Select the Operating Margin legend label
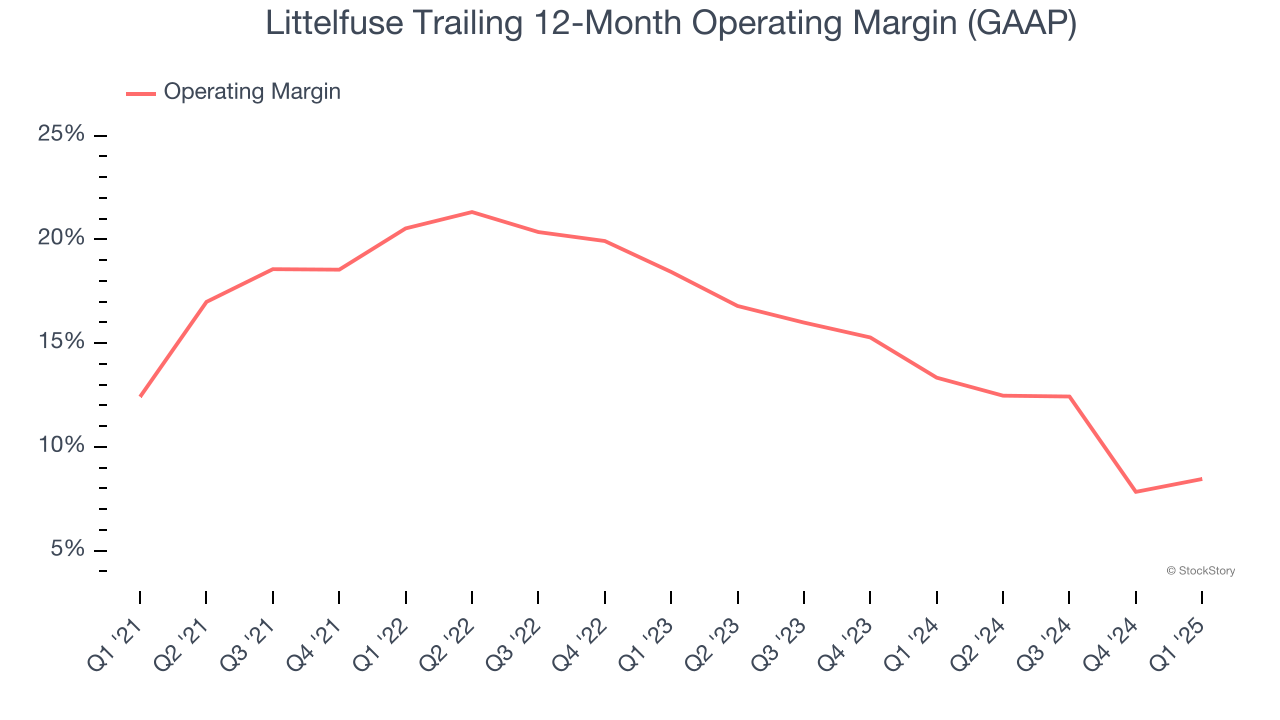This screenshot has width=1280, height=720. pyautogui.click(x=252, y=92)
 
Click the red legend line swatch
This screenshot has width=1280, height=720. pyautogui.click(x=140, y=93)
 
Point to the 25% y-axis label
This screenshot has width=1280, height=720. pyautogui.click(x=61, y=135)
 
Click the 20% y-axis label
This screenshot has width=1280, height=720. pyautogui.click(x=61, y=239)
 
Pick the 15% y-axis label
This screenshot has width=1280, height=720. pyautogui.click(x=61, y=343)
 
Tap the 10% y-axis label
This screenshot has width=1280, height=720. pyautogui.click(x=61, y=447)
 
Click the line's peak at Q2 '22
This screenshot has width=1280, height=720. pyautogui.click(x=472, y=212)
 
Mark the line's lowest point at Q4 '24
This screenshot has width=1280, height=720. pyautogui.click(x=1136, y=492)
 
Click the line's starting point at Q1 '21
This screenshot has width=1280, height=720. pyautogui.click(x=140, y=396)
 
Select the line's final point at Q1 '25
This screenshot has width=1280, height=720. pyautogui.click(x=1201, y=479)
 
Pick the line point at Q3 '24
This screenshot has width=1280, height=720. pyautogui.click(x=1069, y=397)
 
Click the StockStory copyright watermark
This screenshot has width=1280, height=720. pyautogui.click(x=1200, y=571)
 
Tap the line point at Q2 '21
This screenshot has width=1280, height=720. pyautogui.click(x=206, y=302)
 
